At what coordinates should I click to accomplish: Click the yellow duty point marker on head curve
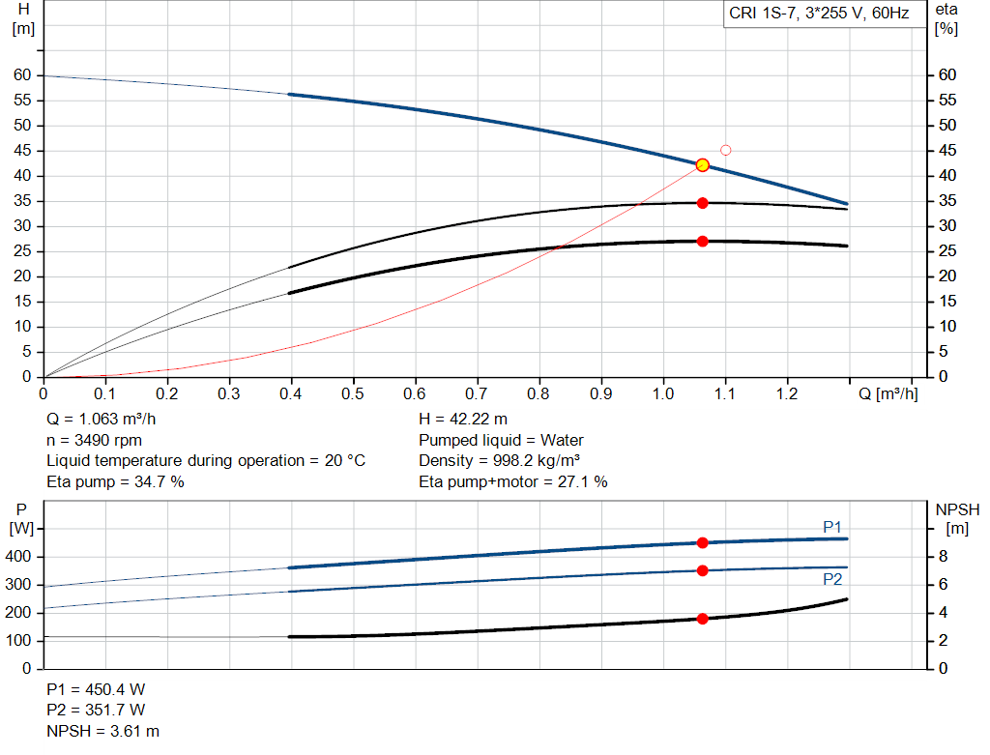coord(703,165)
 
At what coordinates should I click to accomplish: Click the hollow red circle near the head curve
coord(726,150)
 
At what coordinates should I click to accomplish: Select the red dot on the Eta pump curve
coord(703,203)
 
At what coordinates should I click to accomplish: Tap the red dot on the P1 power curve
coord(703,542)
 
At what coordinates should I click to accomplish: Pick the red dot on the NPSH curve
coord(703,619)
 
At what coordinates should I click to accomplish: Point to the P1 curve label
coord(832,526)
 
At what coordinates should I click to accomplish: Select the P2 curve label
coord(832,579)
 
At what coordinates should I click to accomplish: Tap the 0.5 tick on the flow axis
coord(353,394)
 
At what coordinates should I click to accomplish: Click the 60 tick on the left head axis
coord(22,75)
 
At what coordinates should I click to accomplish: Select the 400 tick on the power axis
coord(21,557)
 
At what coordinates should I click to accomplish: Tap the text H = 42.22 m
coord(463,420)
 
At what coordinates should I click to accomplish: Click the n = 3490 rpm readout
coord(94,440)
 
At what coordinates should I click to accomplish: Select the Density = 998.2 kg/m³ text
coord(499,460)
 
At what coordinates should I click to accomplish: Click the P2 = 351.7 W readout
coord(96,711)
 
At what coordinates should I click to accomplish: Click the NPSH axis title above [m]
coord(957,509)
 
